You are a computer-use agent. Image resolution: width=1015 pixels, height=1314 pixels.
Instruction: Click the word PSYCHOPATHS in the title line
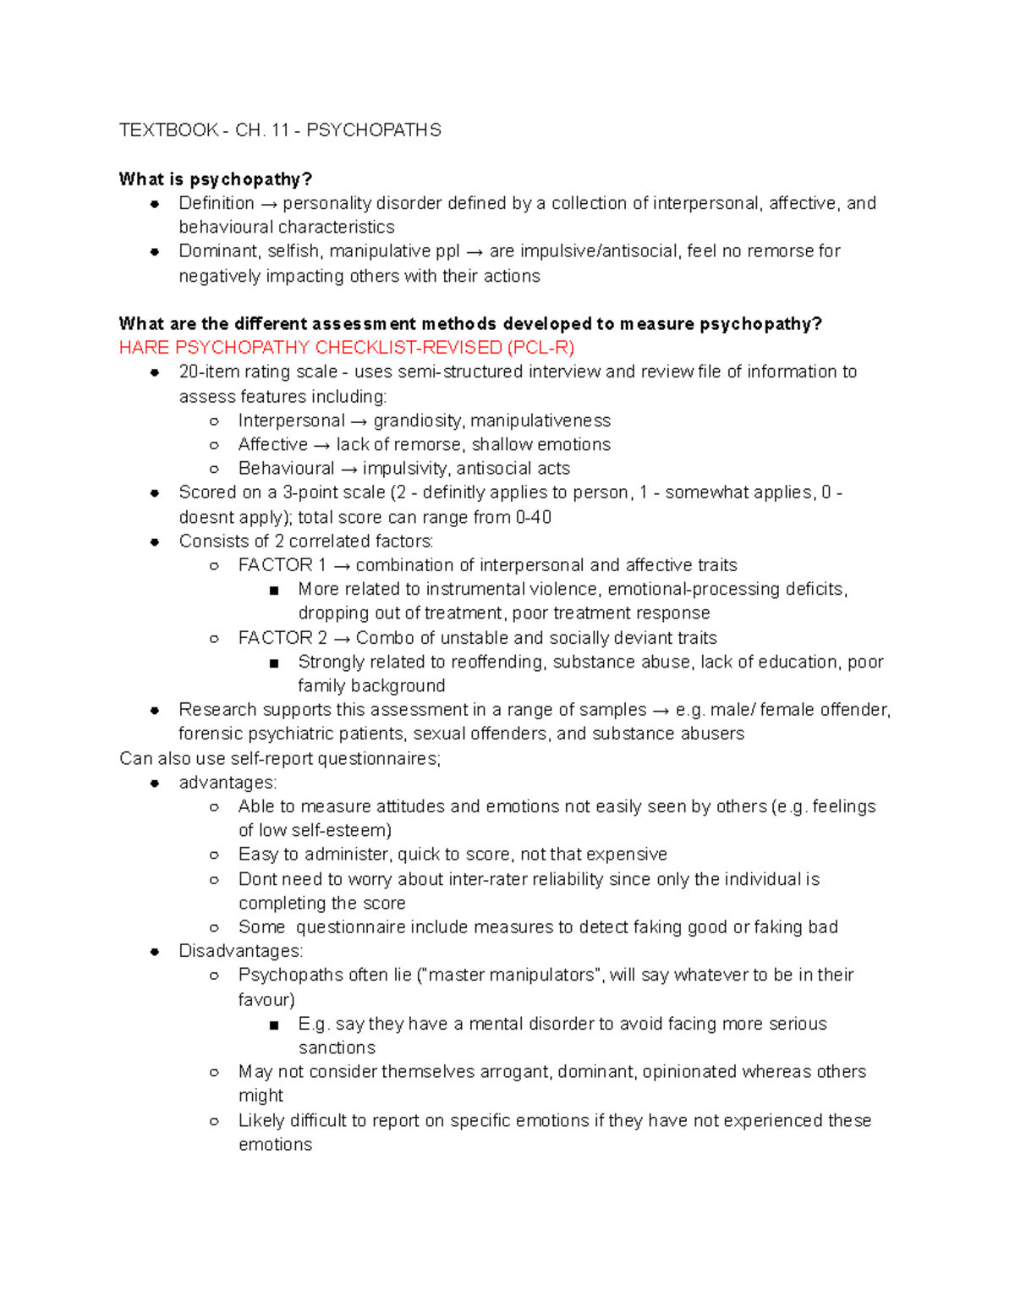pos(373,130)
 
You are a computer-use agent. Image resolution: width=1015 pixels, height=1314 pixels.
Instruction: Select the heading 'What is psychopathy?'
pos(216,179)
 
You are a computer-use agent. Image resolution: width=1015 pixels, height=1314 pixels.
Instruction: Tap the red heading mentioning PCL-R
pos(347,348)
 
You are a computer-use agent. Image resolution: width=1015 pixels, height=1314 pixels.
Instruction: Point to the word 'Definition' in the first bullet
pos(217,204)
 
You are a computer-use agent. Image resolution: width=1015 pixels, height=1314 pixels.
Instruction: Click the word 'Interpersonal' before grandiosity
pos(291,421)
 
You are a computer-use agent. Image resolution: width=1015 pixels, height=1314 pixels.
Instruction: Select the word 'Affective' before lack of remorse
pos(273,445)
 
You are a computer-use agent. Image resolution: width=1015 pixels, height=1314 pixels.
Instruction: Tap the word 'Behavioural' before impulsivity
pos(287,469)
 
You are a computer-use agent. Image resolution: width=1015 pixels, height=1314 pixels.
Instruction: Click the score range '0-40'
pos(533,518)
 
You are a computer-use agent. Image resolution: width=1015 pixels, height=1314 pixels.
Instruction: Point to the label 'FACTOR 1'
pos(282,565)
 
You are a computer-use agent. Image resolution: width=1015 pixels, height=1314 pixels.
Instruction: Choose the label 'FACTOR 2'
pos(283,638)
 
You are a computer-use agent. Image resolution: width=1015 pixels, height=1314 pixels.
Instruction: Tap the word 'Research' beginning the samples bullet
pos(217,710)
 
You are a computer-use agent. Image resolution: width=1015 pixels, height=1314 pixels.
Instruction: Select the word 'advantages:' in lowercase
pos(228,783)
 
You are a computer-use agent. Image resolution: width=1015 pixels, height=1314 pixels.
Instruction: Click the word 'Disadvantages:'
pos(240,952)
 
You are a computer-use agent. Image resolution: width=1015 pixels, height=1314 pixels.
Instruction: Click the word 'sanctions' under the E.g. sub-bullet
pos(337,1048)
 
